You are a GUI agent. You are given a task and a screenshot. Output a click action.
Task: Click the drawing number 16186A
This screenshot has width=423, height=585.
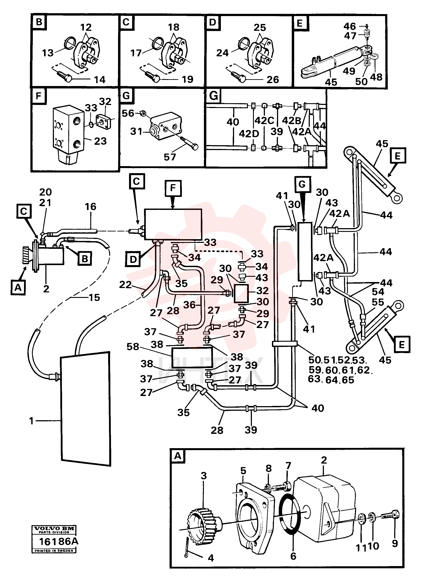point(58,541)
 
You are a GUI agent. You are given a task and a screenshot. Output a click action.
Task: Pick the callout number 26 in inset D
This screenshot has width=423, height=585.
point(273,79)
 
